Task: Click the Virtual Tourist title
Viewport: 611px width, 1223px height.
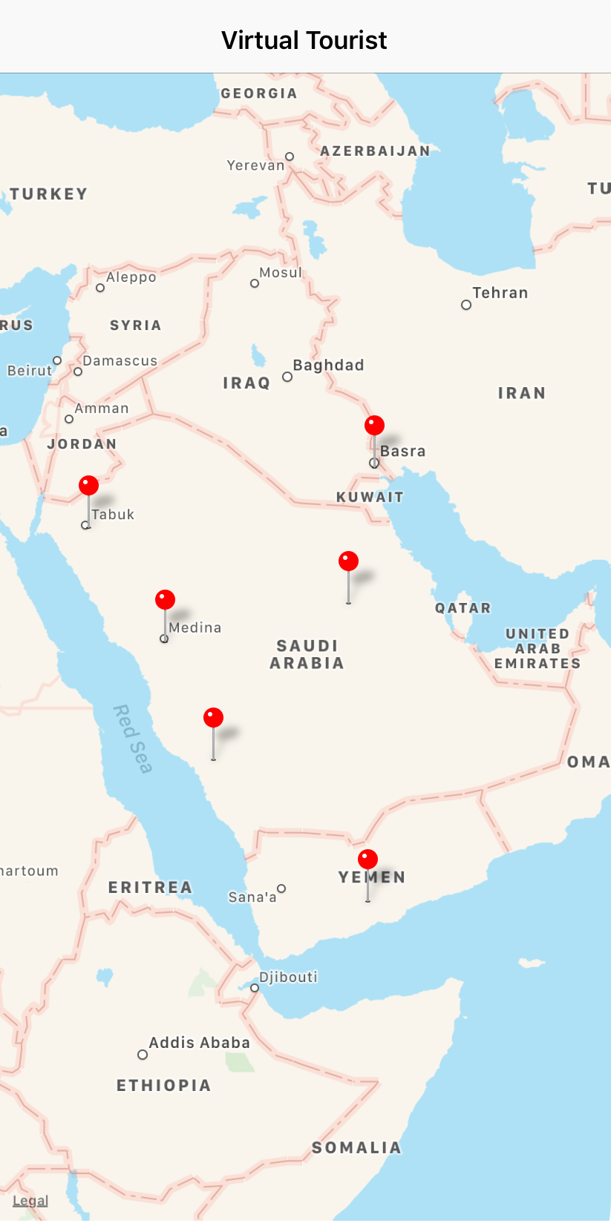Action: coord(304,40)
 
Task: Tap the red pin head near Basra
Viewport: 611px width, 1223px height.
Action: coord(374,425)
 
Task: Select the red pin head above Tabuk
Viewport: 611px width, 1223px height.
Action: coord(88,486)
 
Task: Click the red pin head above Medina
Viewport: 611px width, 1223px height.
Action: coord(165,599)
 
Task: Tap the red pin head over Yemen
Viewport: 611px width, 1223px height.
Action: coord(367,859)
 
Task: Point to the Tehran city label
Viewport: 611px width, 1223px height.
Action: coord(500,293)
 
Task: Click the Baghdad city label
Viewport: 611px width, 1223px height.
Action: coord(328,365)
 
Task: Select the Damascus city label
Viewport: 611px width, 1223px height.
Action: coord(120,361)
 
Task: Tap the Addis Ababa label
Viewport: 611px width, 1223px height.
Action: coord(199,1043)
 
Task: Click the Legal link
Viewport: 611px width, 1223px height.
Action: coord(30,1201)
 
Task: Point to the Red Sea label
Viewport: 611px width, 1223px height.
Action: coord(132,739)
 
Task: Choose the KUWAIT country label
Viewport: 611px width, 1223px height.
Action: coord(370,497)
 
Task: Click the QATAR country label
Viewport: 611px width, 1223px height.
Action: coord(463,608)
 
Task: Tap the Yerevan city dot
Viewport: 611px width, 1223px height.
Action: coord(290,156)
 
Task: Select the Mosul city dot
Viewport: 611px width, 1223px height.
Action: coord(255,283)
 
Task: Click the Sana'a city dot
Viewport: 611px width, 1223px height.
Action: coord(281,889)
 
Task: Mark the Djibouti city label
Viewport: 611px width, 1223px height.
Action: coord(288,977)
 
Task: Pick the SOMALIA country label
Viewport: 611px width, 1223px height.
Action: coord(356,1148)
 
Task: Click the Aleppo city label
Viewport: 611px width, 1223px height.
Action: coord(131,277)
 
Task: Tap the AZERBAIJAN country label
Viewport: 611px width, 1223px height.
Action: coord(375,151)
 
